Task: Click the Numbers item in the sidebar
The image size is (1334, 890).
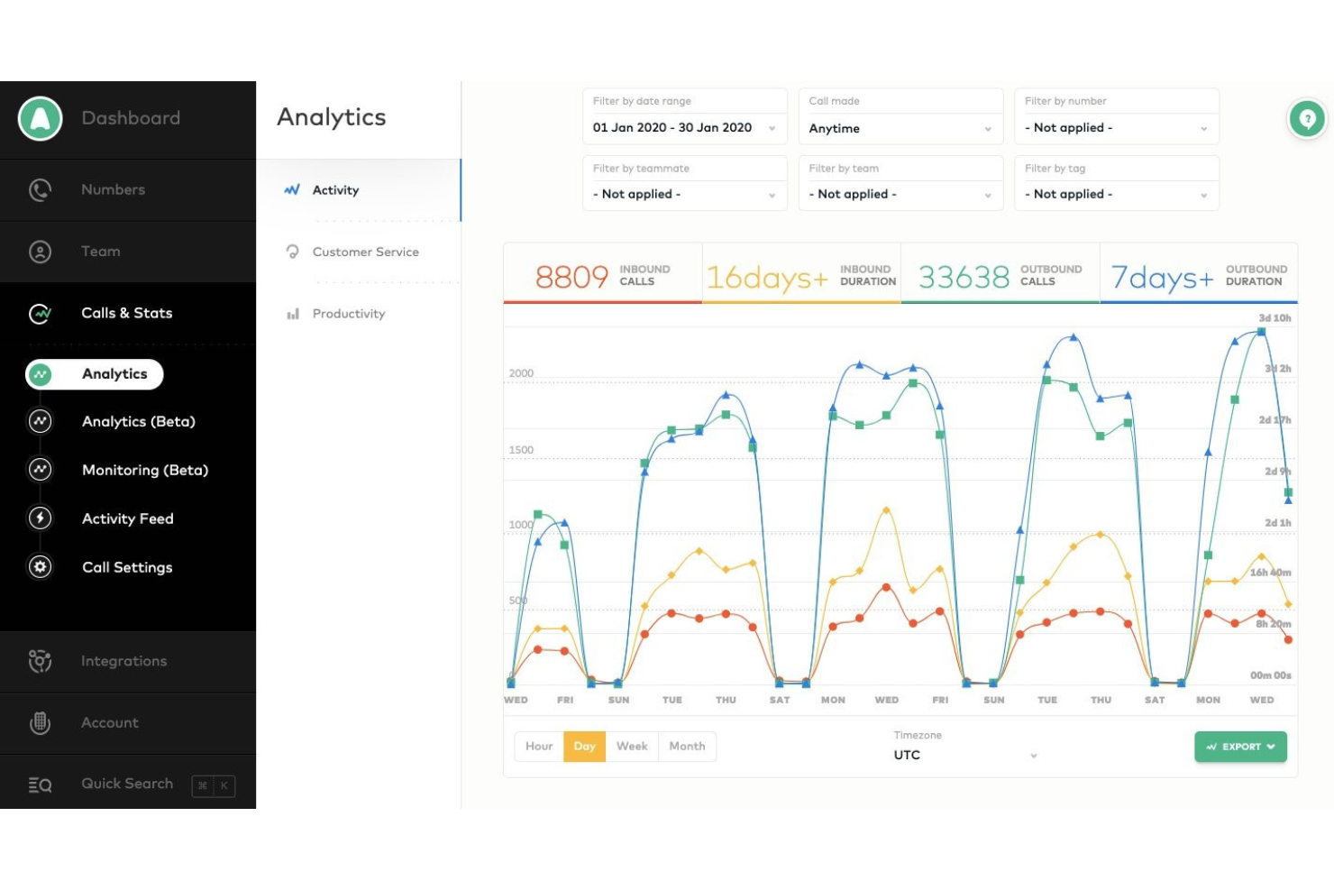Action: (x=113, y=189)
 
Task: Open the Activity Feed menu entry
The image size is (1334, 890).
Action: (x=127, y=518)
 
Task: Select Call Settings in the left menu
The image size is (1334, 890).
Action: (x=127, y=567)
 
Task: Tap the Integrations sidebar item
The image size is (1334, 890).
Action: (x=123, y=661)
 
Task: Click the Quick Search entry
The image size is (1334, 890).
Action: (x=127, y=784)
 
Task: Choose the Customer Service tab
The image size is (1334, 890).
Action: (x=365, y=252)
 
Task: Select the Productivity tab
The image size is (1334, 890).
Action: (x=348, y=314)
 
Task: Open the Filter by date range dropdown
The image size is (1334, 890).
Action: (x=684, y=128)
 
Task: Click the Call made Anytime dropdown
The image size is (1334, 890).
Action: (x=900, y=128)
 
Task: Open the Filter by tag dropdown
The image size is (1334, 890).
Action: (x=1116, y=194)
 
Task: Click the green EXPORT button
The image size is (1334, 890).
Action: (x=1240, y=747)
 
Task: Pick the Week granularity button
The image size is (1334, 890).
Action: (x=632, y=747)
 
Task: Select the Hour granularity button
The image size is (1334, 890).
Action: (x=539, y=747)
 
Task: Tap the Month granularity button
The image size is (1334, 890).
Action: (x=687, y=747)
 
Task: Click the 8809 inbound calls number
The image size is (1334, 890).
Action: (x=571, y=277)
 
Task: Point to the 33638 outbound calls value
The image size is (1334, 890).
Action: (x=964, y=277)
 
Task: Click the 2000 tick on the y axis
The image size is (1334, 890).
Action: (x=521, y=373)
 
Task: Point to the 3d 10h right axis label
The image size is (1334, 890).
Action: (x=1275, y=318)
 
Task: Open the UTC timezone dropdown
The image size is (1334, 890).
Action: (x=964, y=755)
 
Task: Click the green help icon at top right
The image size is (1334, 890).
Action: (x=1307, y=118)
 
